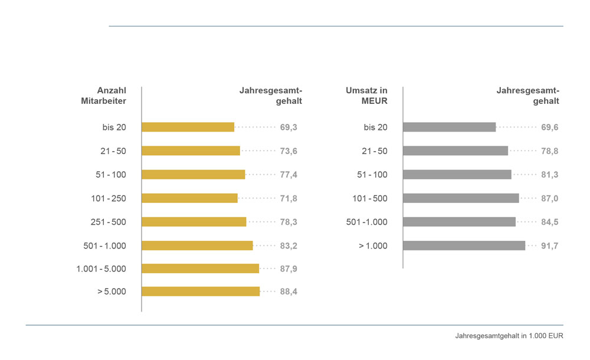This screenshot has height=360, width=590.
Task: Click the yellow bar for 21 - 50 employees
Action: tap(191, 150)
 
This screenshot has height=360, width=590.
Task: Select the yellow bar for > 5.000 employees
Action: tap(201, 291)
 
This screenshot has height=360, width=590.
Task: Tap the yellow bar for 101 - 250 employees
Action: tap(189, 198)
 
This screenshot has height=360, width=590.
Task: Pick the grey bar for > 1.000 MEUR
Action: tap(464, 246)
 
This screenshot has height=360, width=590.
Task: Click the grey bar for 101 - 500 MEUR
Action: tap(461, 198)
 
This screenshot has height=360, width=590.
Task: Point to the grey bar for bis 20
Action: tap(449, 127)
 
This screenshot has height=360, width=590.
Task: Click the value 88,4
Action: tap(289, 292)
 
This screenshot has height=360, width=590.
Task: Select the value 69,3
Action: tap(289, 127)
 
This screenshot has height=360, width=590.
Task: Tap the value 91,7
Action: tap(550, 246)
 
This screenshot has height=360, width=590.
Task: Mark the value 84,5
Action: tap(550, 222)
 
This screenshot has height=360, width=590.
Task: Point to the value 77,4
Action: tap(289, 175)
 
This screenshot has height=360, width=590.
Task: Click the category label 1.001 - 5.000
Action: tap(101, 269)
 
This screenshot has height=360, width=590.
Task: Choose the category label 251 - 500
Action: tap(109, 222)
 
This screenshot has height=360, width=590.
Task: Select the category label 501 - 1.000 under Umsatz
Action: tap(366, 222)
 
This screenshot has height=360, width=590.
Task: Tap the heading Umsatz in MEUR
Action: tap(366, 95)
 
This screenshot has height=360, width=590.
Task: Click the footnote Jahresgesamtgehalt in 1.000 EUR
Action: tap(509, 336)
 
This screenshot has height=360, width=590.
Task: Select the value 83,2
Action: tap(289, 246)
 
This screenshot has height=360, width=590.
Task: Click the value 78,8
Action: tap(550, 151)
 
